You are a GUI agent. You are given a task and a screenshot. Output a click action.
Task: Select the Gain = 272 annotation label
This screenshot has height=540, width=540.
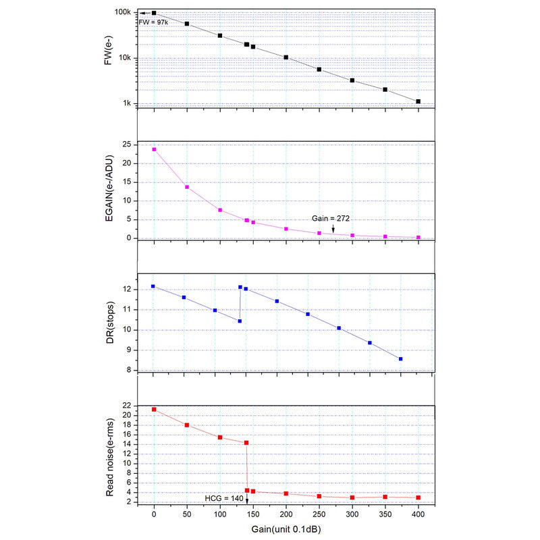coord(330,218)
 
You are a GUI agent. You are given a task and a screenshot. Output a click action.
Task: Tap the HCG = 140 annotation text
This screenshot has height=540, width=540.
coord(223,497)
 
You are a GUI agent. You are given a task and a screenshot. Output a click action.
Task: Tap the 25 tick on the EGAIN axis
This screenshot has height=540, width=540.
coord(126,145)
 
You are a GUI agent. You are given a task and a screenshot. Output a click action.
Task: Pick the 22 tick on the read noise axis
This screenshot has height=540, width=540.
coord(126,406)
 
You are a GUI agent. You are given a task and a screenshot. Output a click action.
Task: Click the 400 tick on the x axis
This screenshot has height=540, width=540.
coord(418,515)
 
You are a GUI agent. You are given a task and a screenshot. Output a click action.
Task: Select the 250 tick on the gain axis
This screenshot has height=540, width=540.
coord(319,515)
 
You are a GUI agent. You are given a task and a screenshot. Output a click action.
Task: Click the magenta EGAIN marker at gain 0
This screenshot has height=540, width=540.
coord(154,149)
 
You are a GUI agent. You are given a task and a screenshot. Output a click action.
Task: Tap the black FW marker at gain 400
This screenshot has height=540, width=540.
coord(418,101)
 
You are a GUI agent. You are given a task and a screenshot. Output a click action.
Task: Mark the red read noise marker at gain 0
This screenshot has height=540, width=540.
coord(154,409)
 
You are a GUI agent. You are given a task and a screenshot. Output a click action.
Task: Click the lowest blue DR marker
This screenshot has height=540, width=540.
coord(401,359)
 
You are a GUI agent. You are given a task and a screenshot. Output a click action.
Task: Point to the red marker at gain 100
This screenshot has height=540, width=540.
coord(220,437)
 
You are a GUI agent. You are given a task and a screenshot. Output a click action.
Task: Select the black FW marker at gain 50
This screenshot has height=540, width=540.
coord(187,24)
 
